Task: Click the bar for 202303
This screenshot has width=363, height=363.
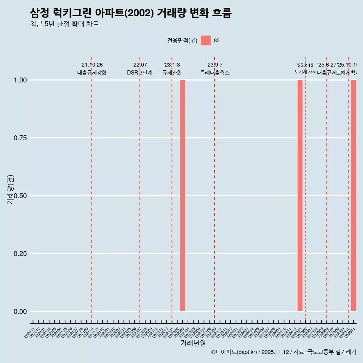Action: coord(183,195)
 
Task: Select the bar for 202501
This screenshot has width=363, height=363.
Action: coord(300,195)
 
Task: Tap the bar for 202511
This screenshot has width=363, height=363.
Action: coord(354,195)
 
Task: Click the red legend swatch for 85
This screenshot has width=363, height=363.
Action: coord(206,40)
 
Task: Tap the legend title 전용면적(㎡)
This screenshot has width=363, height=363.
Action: coord(182,40)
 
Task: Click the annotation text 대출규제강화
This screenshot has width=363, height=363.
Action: coord(92,73)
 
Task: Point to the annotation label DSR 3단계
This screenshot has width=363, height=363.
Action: coord(140,73)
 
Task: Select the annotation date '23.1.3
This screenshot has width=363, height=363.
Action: coord(172,65)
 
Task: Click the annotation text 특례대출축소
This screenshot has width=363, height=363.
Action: coord(215,73)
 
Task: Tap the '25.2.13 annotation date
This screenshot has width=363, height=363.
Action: coord(305,65)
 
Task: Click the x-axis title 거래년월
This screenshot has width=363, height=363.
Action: coord(193,343)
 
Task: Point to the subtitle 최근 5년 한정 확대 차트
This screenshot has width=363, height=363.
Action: coord(64,24)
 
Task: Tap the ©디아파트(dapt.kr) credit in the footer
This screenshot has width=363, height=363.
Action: coord(234,352)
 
